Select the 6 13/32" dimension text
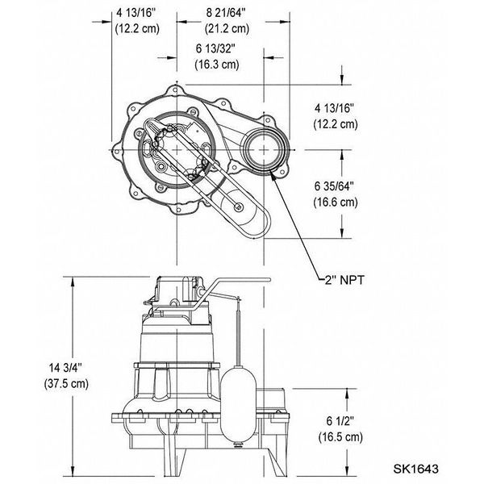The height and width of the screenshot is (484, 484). click(x=216, y=49)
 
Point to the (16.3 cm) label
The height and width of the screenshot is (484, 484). click(x=216, y=64)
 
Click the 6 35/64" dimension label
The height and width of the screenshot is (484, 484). click(x=334, y=187)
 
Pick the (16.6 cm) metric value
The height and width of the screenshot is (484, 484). click(x=335, y=202)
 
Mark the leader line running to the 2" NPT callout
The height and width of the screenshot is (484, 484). click(x=302, y=234)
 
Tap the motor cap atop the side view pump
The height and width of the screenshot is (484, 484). click(x=173, y=287)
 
